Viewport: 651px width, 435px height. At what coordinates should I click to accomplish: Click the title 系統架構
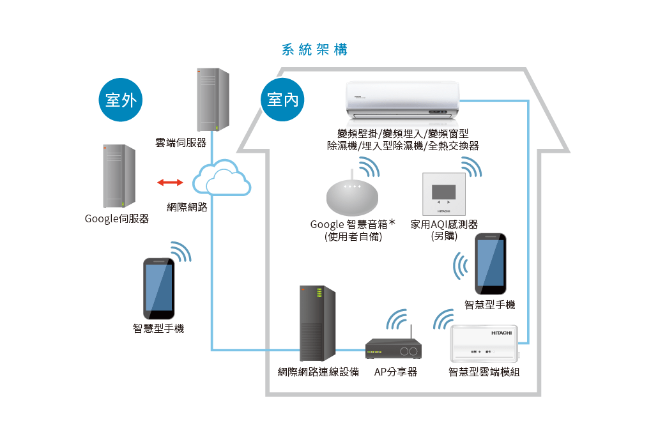[x=314, y=50]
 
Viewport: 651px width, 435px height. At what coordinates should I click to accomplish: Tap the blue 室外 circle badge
[x=121, y=100]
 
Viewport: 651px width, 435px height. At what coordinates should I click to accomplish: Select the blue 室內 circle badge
[x=283, y=100]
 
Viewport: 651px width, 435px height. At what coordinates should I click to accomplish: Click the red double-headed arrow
[x=171, y=183]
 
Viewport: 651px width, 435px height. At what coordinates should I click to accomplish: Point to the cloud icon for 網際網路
[x=222, y=179]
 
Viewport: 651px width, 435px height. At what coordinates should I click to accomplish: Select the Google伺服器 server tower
[x=118, y=176]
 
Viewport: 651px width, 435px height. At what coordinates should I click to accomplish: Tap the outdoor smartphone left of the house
[x=158, y=288]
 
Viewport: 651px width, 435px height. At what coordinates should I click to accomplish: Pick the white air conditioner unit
[x=402, y=100]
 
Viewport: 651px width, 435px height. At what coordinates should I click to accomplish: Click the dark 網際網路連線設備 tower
[x=317, y=324]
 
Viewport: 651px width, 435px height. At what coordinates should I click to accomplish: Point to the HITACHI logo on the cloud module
[x=502, y=333]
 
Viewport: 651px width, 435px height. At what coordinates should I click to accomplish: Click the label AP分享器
[x=395, y=372]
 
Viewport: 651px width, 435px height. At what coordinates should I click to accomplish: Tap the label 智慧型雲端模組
[x=484, y=372]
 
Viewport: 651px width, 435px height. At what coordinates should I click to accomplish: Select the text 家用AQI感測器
[x=444, y=225]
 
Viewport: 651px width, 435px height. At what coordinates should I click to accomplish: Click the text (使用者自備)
[x=353, y=236]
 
